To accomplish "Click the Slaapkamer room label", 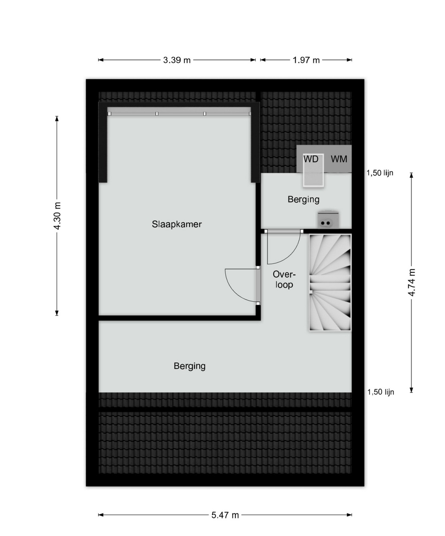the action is click(177, 224).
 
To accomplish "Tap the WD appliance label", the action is click(311, 159).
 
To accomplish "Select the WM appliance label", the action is click(339, 159).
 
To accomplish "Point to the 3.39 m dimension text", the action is click(177, 60).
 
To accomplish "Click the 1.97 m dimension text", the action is click(306, 60).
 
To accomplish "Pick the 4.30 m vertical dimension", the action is click(58, 216).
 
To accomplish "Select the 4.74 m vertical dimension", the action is click(411, 282).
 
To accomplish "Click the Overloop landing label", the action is click(284, 279).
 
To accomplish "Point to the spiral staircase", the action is click(330, 282).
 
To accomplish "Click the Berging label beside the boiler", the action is click(304, 200).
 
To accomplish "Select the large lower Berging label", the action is click(190, 366).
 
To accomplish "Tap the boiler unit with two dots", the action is click(328, 220).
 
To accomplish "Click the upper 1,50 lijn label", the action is click(380, 173).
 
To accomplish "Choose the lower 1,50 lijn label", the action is click(381, 392).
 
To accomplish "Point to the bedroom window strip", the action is click(179, 114).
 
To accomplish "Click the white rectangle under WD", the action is click(313, 170).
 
